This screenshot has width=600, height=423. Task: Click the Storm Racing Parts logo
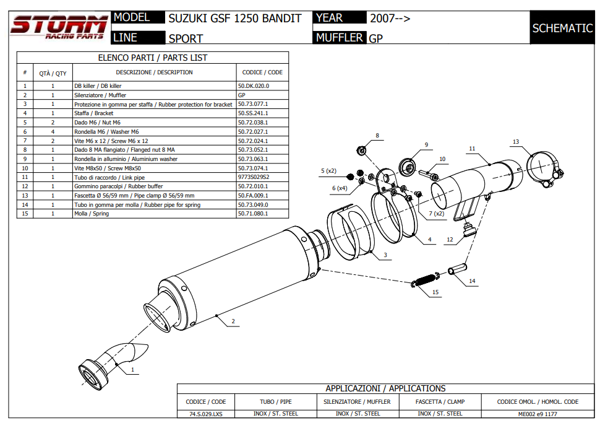pos(59,28)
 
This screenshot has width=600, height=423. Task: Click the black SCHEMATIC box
pos(562,28)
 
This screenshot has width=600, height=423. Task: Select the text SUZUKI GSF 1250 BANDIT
pos(235,19)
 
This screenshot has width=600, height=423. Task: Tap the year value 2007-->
pos(390,19)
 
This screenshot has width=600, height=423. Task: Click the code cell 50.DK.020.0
pos(254,86)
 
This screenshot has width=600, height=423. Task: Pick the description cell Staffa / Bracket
pos(94,113)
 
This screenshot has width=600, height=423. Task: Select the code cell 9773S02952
pos(254,177)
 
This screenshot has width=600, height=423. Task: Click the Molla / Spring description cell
pos(92,214)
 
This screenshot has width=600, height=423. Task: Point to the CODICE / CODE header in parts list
pos(262,72)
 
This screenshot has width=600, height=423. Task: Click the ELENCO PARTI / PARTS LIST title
pos(153,58)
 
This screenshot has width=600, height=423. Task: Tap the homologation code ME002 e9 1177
pos(538,413)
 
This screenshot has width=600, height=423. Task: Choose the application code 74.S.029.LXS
pos(206,413)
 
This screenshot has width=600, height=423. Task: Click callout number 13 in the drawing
pos(515,142)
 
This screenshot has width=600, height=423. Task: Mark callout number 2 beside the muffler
pos(233,321)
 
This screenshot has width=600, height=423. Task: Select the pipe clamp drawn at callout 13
pos(543,167)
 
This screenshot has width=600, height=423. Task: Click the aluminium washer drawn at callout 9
pos(407,167)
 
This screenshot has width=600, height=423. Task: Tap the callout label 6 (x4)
pos(339,188)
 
